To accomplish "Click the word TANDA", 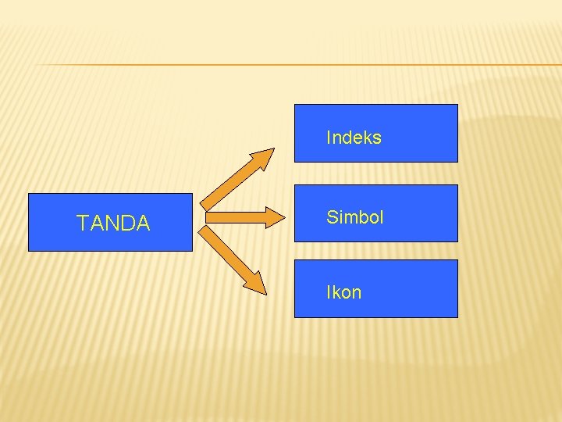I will point(113,224).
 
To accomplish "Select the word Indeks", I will point(354,138).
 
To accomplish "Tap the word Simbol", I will point(355,217).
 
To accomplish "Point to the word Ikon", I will point(343,293).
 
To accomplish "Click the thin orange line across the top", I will point(297,64).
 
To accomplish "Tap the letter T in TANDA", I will point(82,224).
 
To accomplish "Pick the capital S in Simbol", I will point(332,217).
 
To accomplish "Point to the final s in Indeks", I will point(377,139).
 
